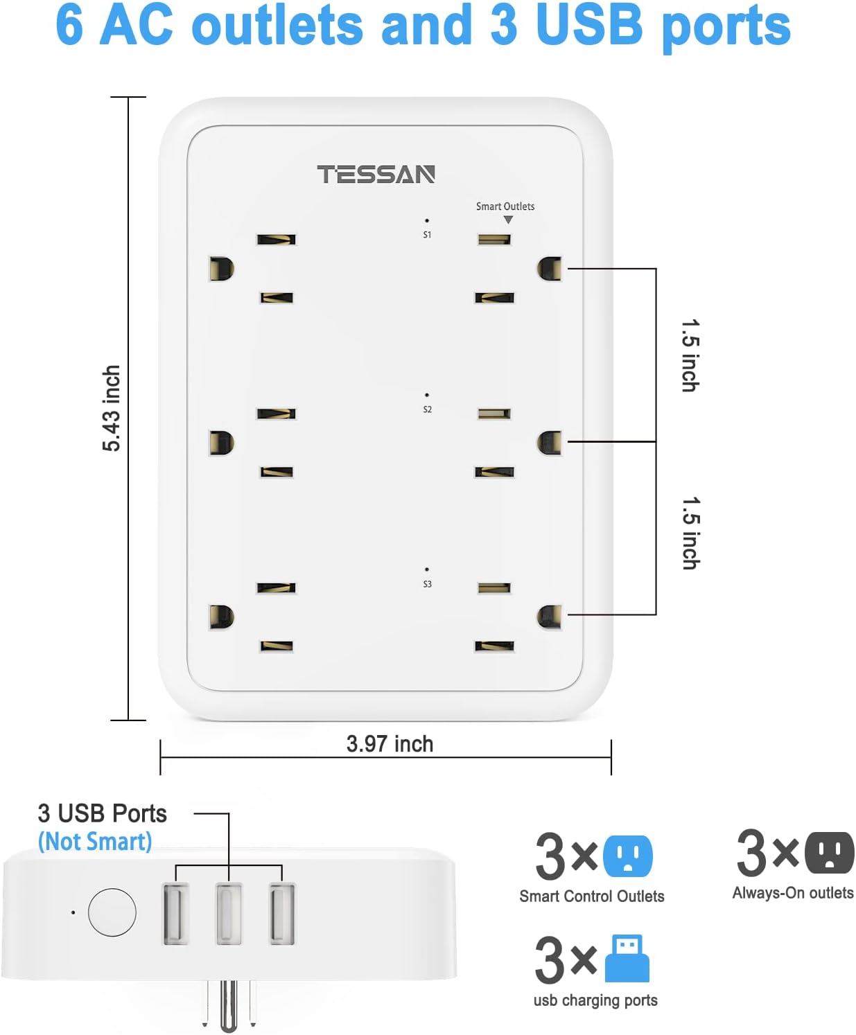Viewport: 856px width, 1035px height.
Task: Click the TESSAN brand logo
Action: tap(376, 175)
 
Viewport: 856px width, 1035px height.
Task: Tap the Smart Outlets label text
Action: tap(505, 206)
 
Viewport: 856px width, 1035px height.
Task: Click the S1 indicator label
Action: tap(427, 235)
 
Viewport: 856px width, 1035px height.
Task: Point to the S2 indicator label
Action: tap(427, 409)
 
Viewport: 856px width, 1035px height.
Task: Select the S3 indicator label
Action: tap(427, 584)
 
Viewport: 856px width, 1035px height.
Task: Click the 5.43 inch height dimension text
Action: tap(112, 408)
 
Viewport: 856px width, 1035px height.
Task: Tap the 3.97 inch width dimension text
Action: tap(390, 744)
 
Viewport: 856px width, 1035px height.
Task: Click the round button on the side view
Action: tap(112, 912)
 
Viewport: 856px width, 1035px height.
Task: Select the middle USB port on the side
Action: tap(229, 913)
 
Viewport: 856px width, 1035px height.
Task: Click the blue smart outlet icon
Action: tap(627, 856)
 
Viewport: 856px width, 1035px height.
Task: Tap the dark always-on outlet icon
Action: tap(829, 852)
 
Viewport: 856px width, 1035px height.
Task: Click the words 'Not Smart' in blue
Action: tap(95, 842)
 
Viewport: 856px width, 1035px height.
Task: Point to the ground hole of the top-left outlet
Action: tap(221, 269)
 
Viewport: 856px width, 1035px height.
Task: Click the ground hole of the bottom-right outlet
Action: tap(550, 617)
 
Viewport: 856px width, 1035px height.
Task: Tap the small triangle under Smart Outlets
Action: tap(508, 220)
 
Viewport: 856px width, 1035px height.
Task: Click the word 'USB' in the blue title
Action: tap(589, 25)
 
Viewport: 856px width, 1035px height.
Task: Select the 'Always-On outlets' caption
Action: tap(793, 893)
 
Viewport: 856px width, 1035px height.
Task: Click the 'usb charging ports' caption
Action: tap(595, 1000)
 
